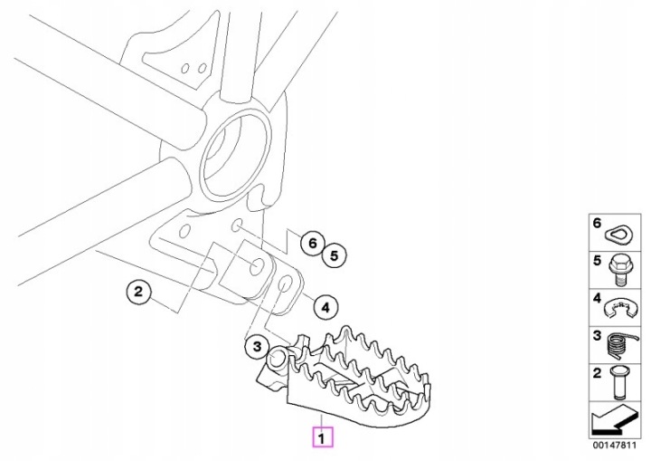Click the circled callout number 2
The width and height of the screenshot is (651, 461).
[137, 292]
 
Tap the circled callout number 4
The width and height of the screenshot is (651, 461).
[325, 308]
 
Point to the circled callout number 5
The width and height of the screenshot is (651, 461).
[334, 256]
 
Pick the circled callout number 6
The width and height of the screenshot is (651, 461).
[310, 243]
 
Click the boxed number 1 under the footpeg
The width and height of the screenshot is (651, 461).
[323, 438]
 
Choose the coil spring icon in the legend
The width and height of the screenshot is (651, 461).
[618, 342]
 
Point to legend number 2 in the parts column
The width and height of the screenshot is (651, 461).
[597, 370]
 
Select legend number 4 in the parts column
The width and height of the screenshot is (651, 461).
[597, 297]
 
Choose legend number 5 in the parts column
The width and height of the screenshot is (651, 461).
[597, 260]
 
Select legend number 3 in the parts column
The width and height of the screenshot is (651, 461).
[597, 334]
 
